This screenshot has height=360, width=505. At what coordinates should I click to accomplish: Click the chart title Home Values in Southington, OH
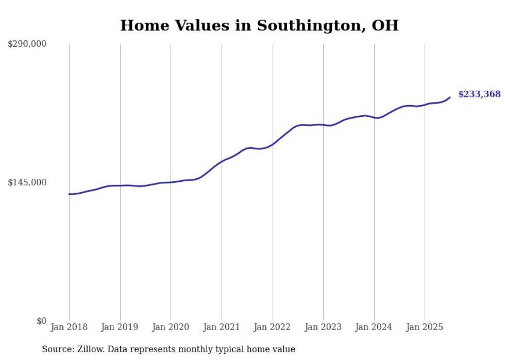[x=259, y=25]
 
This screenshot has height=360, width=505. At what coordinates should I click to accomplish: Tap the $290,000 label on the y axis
[x=27, y=44]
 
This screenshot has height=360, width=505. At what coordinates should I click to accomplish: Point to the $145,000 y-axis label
[x=27, y=182]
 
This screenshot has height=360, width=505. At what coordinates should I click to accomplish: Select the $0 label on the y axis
[x=41, y=321]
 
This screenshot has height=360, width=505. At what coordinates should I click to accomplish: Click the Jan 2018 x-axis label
[x=69, y=327]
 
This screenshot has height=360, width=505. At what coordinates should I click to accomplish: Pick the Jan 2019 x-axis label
[x=120, y=327]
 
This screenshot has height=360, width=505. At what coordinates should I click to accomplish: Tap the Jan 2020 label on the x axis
[x=171, y=327]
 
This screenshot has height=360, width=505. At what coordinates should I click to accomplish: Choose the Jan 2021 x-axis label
[x=222, y=327]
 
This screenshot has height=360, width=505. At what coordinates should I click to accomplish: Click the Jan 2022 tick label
[x=272, y=327]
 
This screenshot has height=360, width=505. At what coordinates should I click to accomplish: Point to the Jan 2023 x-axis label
[x=323, y=327]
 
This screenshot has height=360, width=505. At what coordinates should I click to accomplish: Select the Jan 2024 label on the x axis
[x=374, y=327]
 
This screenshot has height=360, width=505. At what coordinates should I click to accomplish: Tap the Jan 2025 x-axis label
[x=425, y=327]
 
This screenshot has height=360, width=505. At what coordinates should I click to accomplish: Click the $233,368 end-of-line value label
[x=479, y=94]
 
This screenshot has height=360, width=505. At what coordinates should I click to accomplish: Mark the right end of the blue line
[x=450, y=97]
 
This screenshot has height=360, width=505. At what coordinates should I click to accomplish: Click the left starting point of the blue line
[x=69, y=194]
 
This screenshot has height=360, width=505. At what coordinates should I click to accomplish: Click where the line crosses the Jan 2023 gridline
[x=323, y=125]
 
